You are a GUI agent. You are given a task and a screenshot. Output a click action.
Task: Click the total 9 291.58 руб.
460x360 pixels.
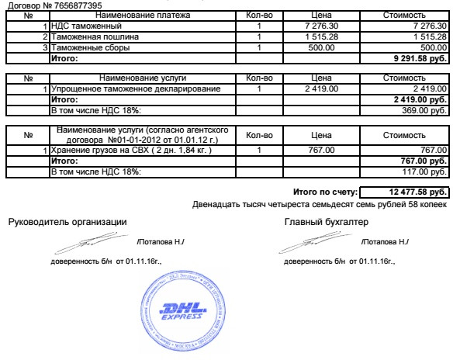click(x=421, y=59)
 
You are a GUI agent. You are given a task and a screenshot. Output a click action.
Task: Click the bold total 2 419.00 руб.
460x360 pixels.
click(x=420, y=100)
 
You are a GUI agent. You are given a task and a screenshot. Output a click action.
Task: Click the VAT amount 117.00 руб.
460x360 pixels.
click(x=424, y=171)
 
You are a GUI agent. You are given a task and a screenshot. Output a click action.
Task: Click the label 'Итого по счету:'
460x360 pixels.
click(x=325, y=192)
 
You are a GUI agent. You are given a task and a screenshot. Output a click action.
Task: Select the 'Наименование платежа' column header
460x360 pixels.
click(x=142, y=15)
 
